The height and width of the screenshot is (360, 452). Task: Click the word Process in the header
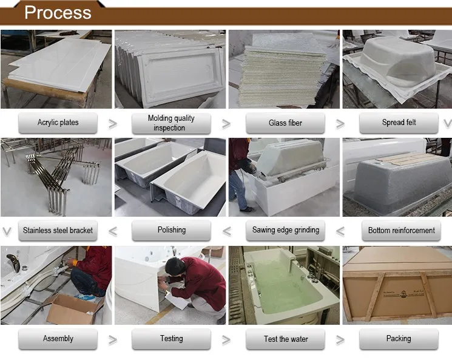click(58, 12)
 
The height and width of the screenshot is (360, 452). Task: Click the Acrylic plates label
click(58, 123)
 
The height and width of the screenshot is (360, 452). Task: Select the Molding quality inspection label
click(171, 123)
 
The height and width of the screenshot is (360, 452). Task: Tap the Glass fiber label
click(285, 123)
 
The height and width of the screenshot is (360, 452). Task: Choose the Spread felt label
click(399, 123)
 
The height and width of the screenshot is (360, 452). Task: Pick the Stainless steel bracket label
click(58, 231)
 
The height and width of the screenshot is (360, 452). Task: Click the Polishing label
click(172, 230)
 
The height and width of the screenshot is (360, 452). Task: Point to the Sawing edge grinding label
click(286, 230)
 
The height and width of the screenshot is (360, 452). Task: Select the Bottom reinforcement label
click(401, 231)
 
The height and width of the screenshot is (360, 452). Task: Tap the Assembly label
click(58, 339)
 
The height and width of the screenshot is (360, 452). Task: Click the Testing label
click(172, 339)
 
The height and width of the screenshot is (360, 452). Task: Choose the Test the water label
click(286, 339)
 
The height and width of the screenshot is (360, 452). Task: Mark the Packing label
click(399, 339)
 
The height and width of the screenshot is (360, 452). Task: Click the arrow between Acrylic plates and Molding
click(113, 124)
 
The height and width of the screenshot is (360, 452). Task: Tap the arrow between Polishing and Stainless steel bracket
click(113, 231)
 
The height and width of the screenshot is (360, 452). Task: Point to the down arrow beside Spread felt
click(448, 124)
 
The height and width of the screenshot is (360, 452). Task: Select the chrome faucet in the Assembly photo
click(13, 262)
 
